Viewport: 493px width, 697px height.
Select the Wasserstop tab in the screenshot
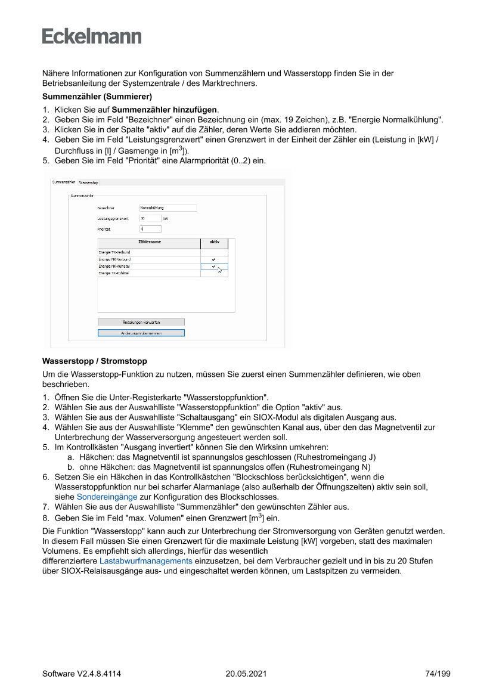tap(89, 182)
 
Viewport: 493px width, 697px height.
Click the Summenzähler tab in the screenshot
tap(64, 181)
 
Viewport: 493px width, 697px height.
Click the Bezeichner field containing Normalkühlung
tap(168, 208)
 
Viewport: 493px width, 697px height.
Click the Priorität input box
tap(150, 228)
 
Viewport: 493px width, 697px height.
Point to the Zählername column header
tap(150, 242)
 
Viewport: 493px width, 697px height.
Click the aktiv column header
tap(214, 242)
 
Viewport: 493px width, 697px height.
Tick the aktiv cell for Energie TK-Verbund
tap(214, 253)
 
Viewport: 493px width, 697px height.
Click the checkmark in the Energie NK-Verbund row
tap(214, 259)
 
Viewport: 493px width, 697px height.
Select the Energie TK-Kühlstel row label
tap(114, 273)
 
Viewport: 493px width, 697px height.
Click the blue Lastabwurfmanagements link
tap(145, 561)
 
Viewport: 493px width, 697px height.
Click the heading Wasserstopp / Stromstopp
tap(94, 361)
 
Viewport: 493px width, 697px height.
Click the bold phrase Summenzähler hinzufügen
tap(165, 110)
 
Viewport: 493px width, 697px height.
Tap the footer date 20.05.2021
tap(246, 674)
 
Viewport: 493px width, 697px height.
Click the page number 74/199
tap(438, 674)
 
